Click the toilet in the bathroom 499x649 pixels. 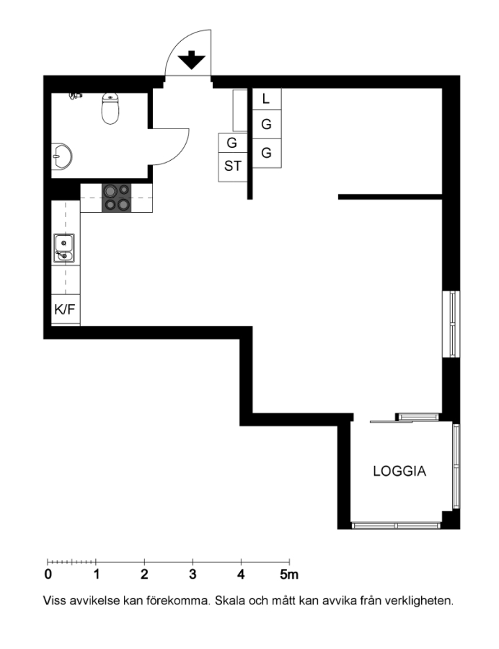click(x=110, y=108)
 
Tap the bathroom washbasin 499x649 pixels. click(x=61, y=156)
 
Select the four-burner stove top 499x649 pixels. click(x=117, y=198)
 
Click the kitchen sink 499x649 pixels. click(x=63, y=248)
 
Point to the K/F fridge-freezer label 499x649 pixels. click(x=66, y=309)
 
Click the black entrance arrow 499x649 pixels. click(x=192, y=60)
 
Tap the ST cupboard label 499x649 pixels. click(x=232, y=166)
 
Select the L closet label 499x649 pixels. click(x=266, y=99)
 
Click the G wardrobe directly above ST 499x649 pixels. click(x=231, y=143)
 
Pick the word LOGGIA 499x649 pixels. click(x=399, y=471)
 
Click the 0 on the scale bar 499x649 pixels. click(x=48, y=575)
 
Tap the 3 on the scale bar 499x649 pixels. click(x=193, y=575)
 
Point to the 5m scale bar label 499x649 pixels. click(x=289, y=575)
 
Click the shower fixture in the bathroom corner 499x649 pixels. click(x=75, y=96)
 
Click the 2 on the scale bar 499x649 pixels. click(x=144, y=575)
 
